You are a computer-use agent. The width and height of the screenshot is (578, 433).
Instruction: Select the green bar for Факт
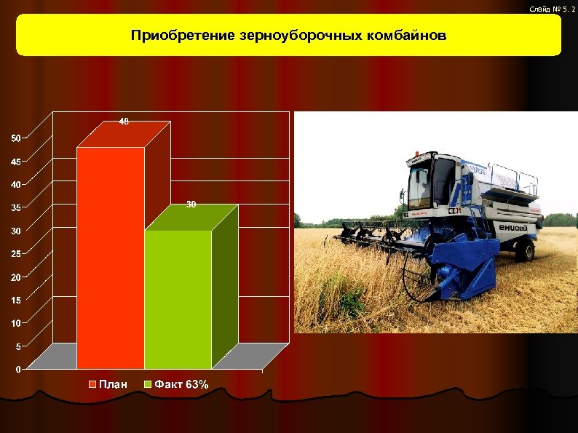[178, 298]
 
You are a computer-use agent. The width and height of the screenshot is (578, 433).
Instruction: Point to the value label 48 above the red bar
[124, 122]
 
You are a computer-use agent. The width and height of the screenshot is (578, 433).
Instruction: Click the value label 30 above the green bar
[191, 204]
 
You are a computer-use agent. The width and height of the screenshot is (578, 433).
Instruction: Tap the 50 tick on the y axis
[16, 138]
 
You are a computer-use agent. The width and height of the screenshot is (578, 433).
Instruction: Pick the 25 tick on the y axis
[16, 253]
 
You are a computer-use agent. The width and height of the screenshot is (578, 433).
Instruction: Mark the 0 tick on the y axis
[19, 369]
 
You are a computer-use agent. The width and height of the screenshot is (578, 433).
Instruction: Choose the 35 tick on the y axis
[16, 207]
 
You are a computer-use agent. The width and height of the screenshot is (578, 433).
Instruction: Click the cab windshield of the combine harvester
[420, 185]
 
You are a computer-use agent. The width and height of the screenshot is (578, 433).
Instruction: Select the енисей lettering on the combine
[514, 228]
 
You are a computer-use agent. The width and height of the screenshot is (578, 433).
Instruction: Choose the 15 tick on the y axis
[16, 299]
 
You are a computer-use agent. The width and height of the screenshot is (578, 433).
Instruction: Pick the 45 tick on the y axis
[16, 161]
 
